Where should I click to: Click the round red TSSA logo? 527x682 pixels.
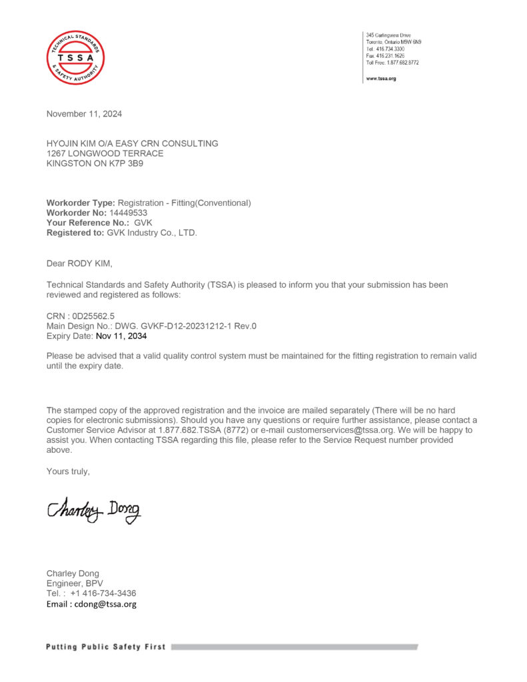coord(75,57)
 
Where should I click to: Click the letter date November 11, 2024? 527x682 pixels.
coord(84,114)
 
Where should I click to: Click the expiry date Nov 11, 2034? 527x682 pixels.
coord(121,336)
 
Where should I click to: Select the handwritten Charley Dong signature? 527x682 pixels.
coord(94,510)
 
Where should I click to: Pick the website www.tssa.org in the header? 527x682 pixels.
coord(381,79)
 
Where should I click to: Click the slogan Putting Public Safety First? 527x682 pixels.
coord(106,647)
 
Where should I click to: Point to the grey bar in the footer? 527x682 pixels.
coord(294,647)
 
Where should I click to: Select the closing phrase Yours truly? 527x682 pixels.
coord(68,472)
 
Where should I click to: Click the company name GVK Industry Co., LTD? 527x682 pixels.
coord(152,233)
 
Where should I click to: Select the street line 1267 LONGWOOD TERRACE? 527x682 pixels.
coord(105,153)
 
